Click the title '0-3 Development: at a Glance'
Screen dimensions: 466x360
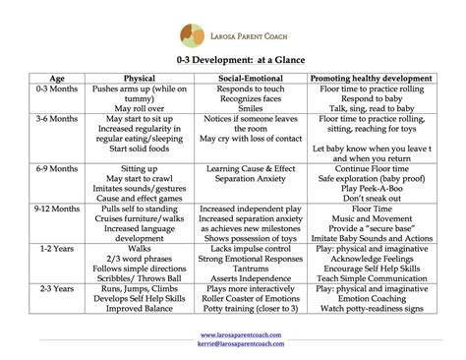click(x=233, y=61)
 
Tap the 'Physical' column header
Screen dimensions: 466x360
click(x=139, y=77)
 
